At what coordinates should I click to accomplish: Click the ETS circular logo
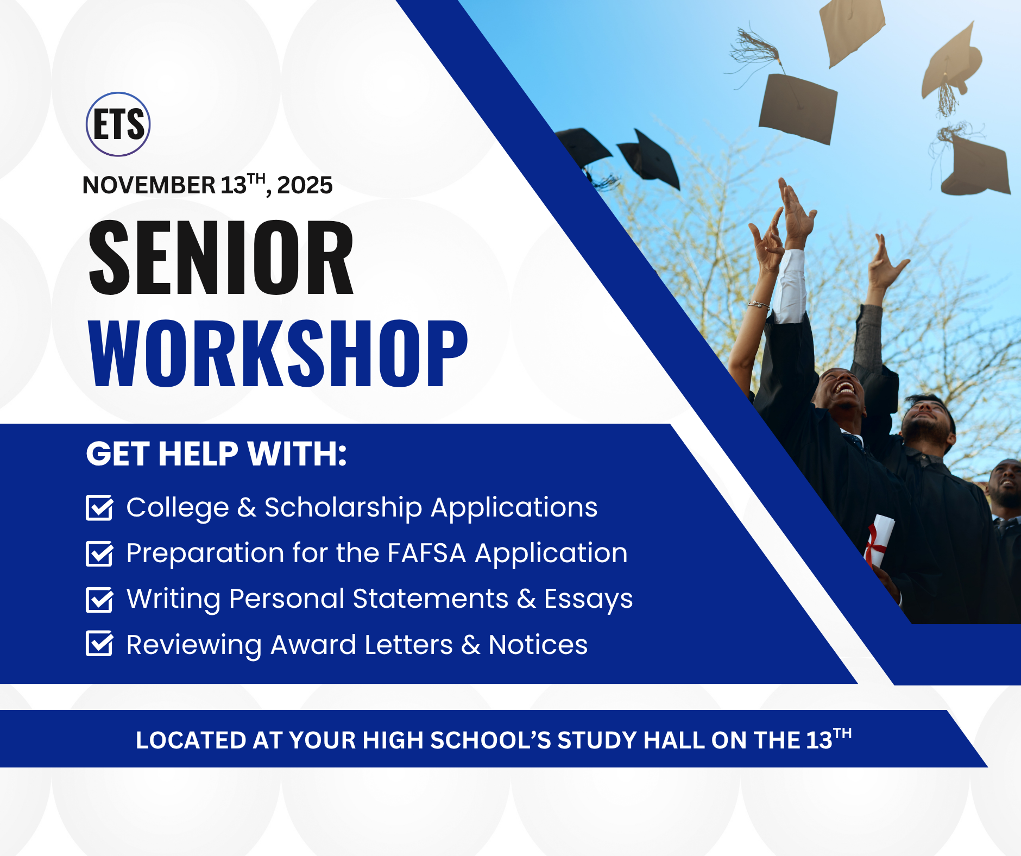118,124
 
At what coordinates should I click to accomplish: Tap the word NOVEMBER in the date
149,186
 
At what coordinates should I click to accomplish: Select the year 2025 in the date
305,186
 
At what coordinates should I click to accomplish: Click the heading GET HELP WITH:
216,454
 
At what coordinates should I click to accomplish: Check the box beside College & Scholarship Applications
100,508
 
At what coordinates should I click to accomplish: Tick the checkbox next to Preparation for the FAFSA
100,553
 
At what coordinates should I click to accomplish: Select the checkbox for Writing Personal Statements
100,600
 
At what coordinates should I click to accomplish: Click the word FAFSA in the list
427,553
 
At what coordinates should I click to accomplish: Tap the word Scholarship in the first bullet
343,508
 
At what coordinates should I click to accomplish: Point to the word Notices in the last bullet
538,645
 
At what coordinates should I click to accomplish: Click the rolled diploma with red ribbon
878,540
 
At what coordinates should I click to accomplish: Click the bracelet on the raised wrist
758,305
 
